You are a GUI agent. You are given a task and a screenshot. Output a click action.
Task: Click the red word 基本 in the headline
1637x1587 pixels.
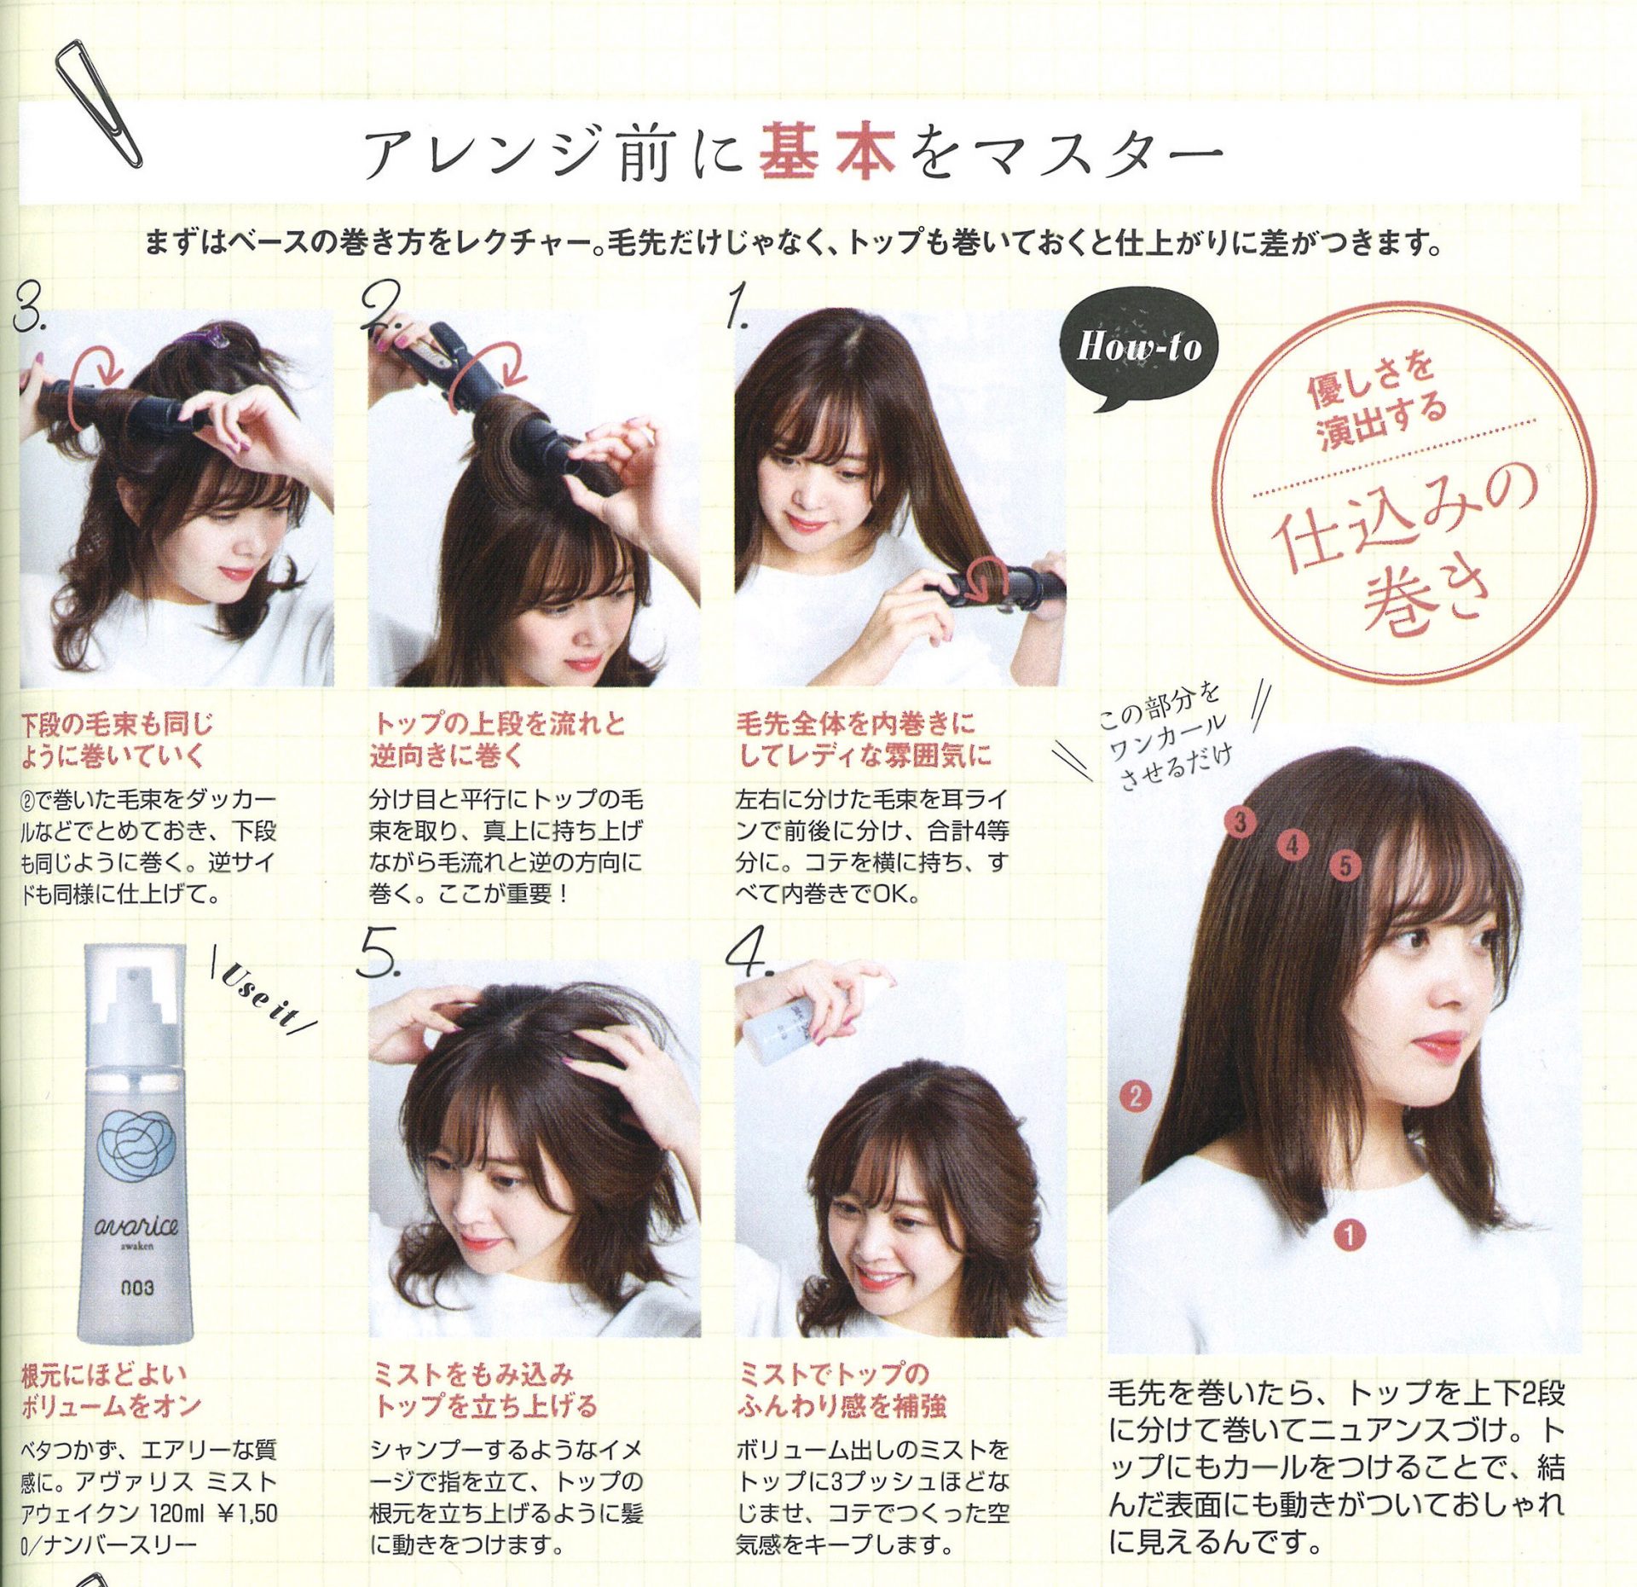[x=827, y=150]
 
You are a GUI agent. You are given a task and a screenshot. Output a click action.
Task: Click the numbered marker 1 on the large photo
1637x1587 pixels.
[x=1349, y=1234]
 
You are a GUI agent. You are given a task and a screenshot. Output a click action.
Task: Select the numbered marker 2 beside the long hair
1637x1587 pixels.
[x=1134, y=1095]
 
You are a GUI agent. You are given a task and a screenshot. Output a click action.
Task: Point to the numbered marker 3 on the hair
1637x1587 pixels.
[x=1241, y=822]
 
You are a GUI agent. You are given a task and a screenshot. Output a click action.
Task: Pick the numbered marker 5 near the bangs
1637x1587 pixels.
[x=1345, y=866]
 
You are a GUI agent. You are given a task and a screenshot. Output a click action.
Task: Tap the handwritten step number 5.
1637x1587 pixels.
[x=378, y=952]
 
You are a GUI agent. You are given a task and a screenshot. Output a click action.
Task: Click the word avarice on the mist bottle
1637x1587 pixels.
[x=136, y=1226]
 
